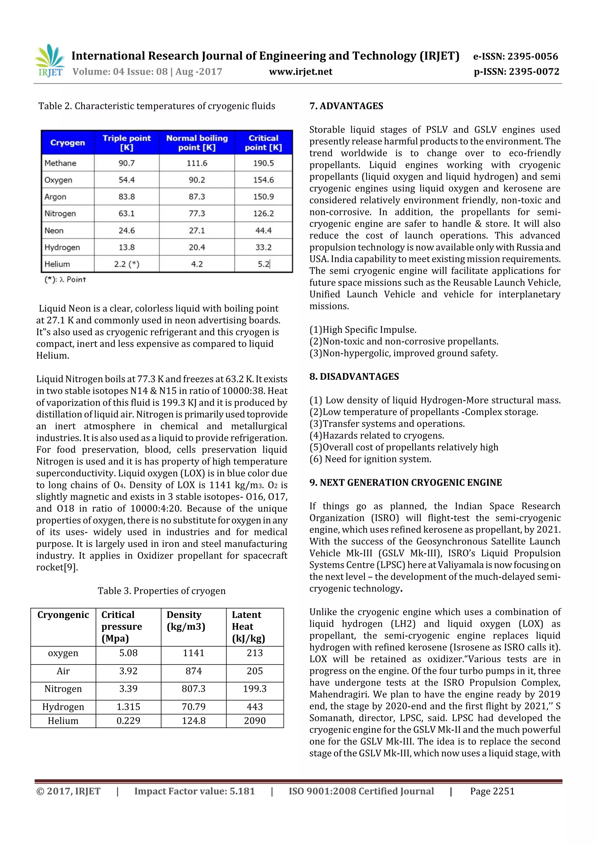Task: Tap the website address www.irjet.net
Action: [300, 72]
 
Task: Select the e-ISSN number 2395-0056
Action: [515, 56]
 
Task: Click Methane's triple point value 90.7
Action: [127, 163]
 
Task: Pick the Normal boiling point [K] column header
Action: [197, 143]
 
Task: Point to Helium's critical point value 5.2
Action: [263, 264]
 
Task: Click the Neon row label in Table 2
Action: [54, 230]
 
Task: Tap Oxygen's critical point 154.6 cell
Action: [263, 180]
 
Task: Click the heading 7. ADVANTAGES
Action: [346, 106]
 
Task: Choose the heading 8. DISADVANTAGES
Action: [354, 377]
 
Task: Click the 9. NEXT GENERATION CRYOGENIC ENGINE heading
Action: [405, 482]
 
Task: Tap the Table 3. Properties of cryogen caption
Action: [161, 591]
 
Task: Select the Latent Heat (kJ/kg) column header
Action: [248, 627]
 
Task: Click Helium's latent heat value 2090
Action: [254, 721]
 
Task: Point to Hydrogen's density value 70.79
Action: [194, 707]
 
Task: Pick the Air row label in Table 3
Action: [63, 671]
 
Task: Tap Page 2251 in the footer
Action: [492, 791]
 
